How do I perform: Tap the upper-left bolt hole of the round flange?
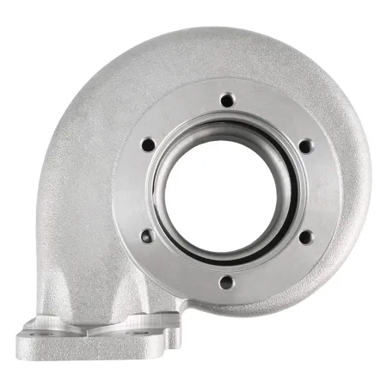coord(147,144)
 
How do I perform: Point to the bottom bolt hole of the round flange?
coord(225,280)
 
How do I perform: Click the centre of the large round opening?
coord(225,190)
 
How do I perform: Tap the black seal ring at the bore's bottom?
coord(225,255)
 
